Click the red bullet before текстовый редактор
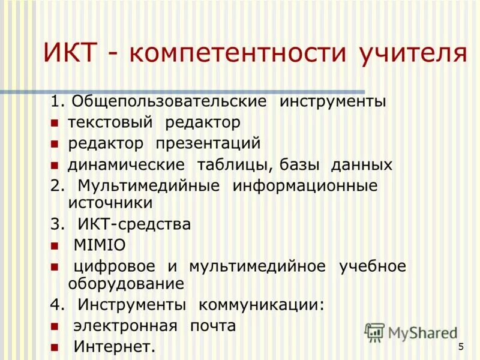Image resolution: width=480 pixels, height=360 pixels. tap(54, 124)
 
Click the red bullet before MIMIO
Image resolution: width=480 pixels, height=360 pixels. tap(54, 246)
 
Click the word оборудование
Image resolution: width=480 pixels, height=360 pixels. tap(125, 283)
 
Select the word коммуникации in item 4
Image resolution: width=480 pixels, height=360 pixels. tap(262, 305)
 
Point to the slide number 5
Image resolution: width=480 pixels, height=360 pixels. tap(461, 346)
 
